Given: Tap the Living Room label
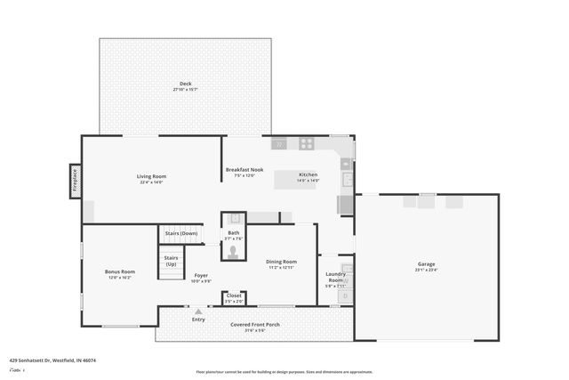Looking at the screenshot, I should pos(151,176).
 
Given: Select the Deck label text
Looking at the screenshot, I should pos(185,85).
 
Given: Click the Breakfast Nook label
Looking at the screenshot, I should pos(244,169).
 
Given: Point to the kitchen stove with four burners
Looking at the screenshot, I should pos(306,143).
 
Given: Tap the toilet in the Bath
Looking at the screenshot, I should pos(234,253).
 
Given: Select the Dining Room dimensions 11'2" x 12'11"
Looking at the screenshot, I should pos(282,268).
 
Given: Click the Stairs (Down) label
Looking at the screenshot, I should pos(181,233).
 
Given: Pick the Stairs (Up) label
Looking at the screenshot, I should pos(171,261).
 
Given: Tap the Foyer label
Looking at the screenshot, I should pos(201,276).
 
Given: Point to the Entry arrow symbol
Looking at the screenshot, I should pos(198,311).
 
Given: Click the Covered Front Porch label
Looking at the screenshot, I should pos(255,325).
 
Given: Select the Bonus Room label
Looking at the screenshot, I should pos(119,271).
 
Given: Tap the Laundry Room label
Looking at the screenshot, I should pos(335,277).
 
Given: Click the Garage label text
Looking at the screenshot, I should pos(427,264).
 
